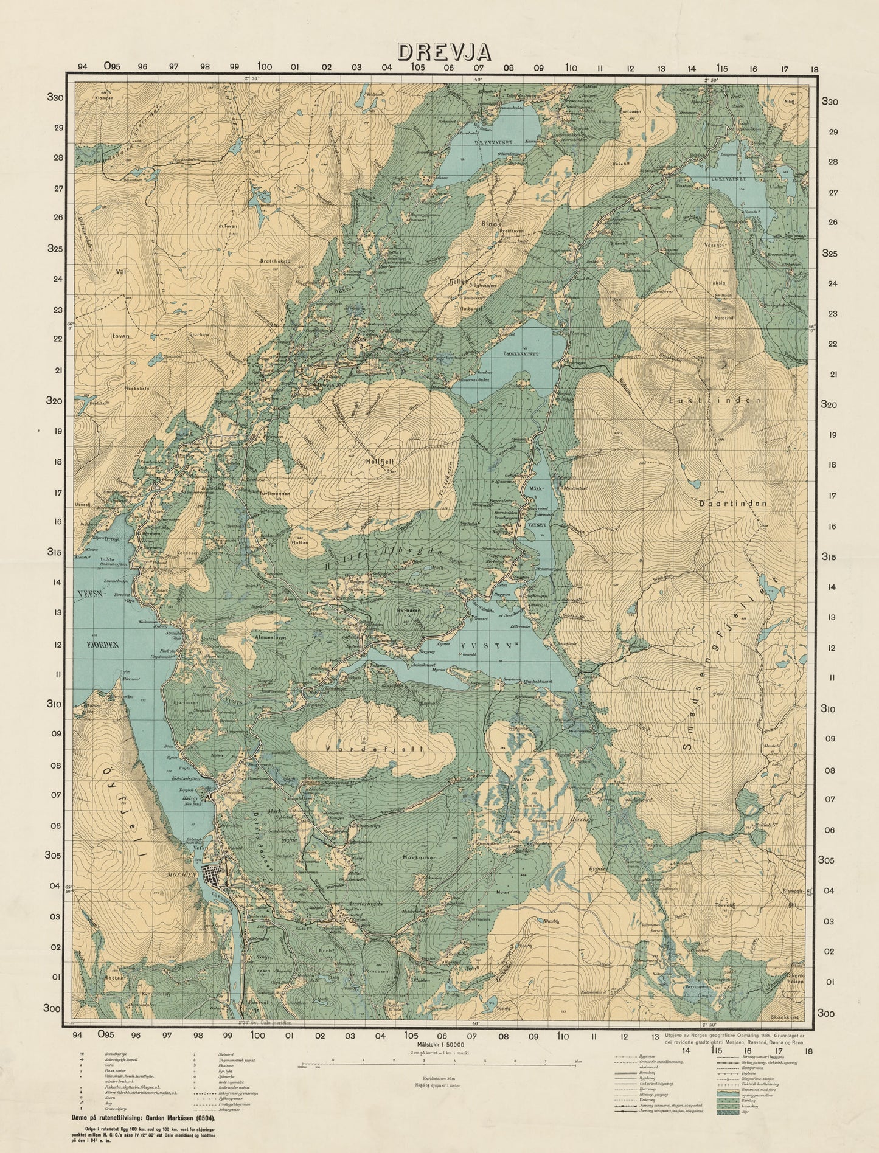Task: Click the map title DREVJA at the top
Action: tap(439, 52)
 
